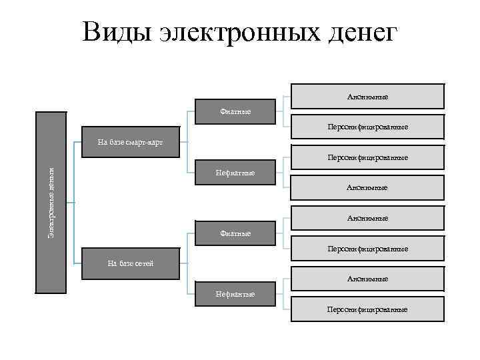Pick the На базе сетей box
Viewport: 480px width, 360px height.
pyautogui.click(x=130, y=263)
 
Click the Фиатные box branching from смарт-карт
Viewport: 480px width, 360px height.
pyautogui.click(x=236, y=111)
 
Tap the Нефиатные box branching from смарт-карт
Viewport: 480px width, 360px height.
pyautogui.click(x=236, y=173)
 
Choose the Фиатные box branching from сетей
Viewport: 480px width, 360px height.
pyautogui.click(x=236, y=233)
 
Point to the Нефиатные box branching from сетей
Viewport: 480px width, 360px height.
pyautogui.click(x=236, y=294)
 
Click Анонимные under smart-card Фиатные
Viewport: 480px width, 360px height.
pyautogui.click(x=367, y=97)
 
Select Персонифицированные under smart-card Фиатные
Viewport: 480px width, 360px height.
pyautogui.click(x=367, y=127)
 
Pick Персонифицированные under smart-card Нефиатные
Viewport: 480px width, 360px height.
pyautogui.click(x=367, y=158)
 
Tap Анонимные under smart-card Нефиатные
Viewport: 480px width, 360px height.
pyautogui.click(x=367, y=188)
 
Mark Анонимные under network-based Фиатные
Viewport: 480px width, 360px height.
pyautogui.click(x=367, y=218)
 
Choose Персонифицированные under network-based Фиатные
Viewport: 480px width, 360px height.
pyautogui.click(x=367, y=249)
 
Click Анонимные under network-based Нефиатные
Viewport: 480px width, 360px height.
pyautogui.click(x=367, y=279)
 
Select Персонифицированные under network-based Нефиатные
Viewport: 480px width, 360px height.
pyautogui.click(x=367, y=309)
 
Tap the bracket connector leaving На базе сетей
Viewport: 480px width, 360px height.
pyautogui.click(x=187, y=263)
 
